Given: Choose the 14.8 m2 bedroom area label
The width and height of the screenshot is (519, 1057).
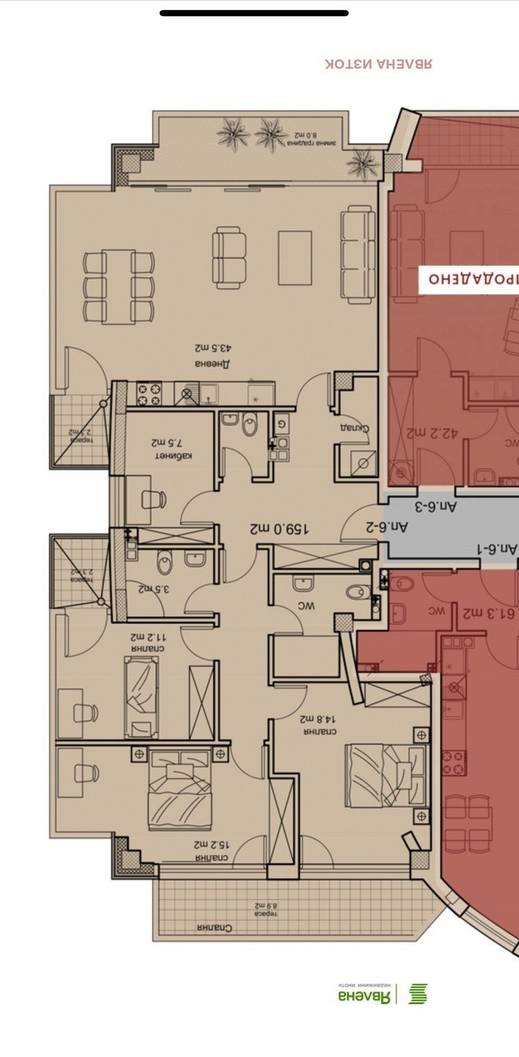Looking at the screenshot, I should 319,718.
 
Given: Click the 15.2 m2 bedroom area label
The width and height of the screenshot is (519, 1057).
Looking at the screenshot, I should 211,844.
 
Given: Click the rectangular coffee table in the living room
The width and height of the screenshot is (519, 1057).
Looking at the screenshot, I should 294,258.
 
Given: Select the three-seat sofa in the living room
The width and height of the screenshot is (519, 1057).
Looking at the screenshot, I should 358,254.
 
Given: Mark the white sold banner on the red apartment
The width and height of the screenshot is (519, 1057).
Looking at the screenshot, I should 469,279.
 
